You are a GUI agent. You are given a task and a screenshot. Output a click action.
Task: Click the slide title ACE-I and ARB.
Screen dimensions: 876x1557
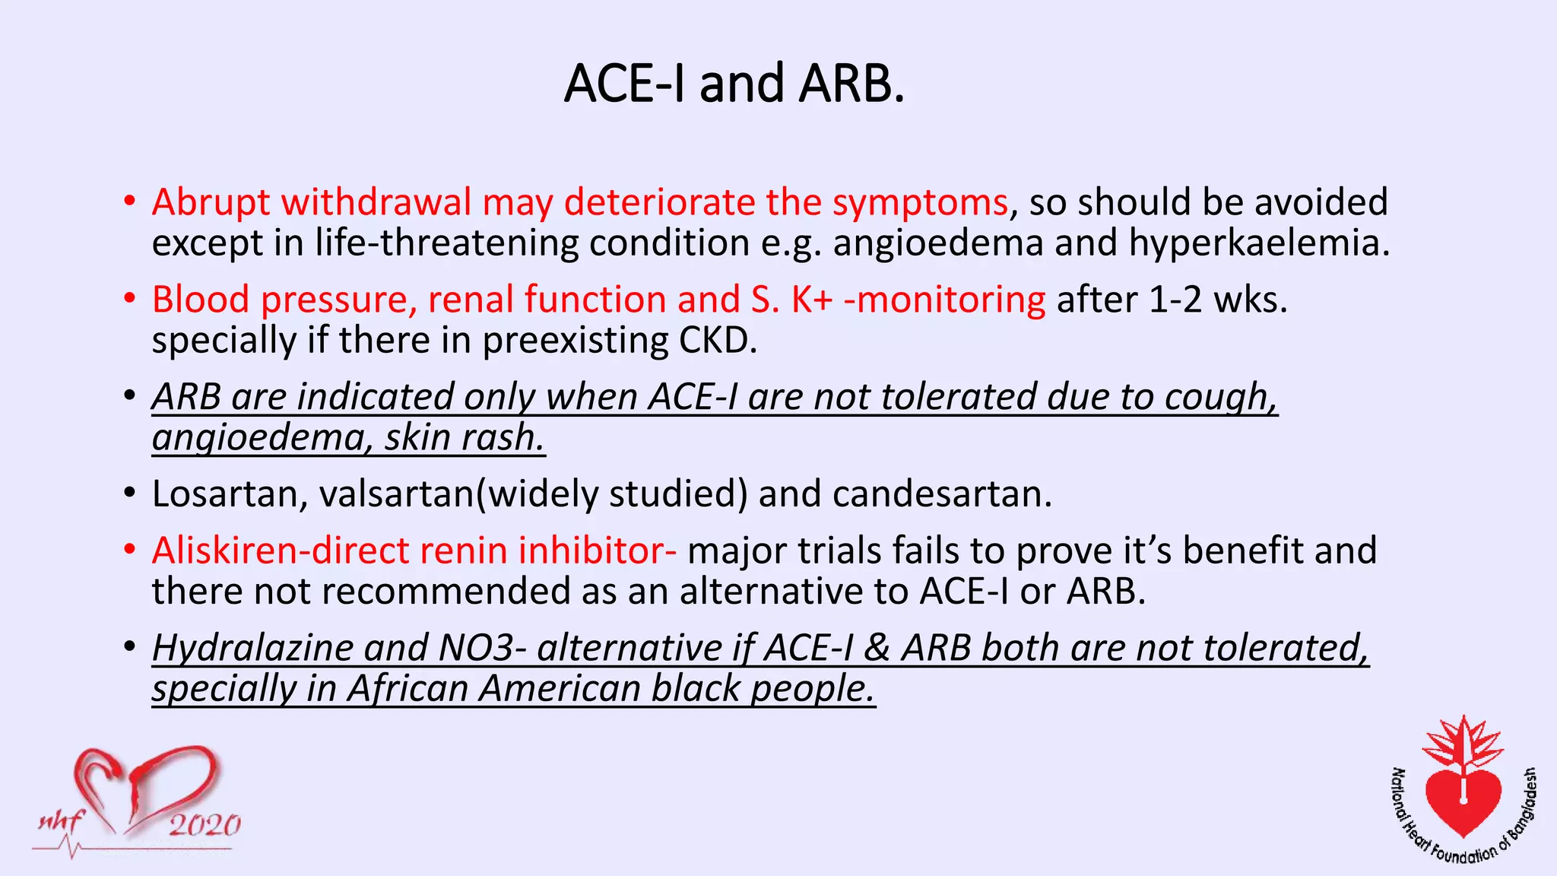(x=734, y=84)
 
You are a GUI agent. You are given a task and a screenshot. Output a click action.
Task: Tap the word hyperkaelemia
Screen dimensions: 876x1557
(x=1258, y=244)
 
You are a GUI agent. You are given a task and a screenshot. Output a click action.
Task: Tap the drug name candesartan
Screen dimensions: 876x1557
(x=942, y=494)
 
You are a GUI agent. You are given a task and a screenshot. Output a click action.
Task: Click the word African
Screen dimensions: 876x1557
(x=407, y=689)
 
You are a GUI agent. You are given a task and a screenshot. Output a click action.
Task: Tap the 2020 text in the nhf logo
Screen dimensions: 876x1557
(x=204, y=825)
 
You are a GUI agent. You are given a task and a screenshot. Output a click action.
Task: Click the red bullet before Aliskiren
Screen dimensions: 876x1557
(x=130, y=549)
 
